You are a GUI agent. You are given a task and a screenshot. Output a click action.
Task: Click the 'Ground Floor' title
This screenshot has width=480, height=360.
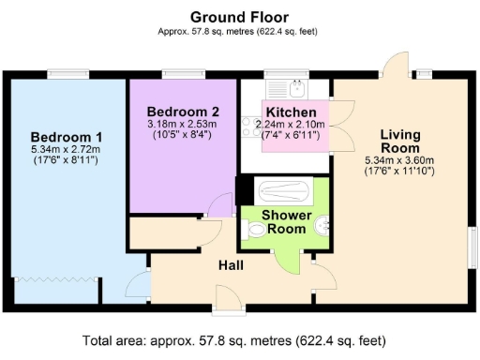[x=239, y=16]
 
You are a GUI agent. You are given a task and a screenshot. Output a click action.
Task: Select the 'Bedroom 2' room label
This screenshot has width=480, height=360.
[x=184, y=111]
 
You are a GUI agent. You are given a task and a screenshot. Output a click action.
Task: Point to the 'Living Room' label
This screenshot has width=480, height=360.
[x=400, y=141]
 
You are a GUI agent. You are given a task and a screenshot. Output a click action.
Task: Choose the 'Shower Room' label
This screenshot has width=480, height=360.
[x=285, y=222]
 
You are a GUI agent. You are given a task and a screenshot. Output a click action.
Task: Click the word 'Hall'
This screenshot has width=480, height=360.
[x=232, y=266]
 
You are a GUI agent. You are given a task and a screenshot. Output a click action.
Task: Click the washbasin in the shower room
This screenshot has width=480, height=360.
[x=322, y=223]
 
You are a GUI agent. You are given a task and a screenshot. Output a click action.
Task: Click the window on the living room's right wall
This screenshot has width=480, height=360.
[x=468, y=247]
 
